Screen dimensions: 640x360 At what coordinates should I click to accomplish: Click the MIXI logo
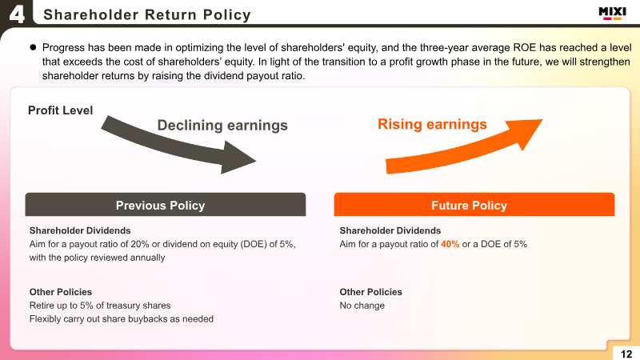(612, 13)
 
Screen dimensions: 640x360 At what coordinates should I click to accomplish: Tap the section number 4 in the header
(17, 14)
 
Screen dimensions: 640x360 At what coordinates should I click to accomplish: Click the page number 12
(626, 354)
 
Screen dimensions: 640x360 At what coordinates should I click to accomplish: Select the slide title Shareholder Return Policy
(147, 14)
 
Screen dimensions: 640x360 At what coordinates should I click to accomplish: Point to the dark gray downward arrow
(175, 144)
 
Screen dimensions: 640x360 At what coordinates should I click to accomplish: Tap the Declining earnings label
(222, 126)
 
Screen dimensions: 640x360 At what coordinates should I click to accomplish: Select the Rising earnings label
(432, 124)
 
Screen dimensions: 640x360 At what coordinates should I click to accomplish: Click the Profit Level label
(61, 110)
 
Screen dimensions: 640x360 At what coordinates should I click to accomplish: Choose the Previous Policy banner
(166, 205)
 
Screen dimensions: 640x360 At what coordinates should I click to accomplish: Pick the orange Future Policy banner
(474, 205)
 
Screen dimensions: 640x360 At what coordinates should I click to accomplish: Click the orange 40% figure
(450, 244)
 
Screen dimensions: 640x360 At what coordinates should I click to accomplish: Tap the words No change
(362, 306)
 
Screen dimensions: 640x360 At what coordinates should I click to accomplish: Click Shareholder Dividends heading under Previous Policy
(80, 230)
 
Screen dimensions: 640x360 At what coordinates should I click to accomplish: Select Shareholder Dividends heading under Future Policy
(390, 230)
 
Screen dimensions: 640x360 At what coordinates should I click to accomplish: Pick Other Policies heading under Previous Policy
(61, 292)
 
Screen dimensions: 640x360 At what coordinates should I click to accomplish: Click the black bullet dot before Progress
(33, 47)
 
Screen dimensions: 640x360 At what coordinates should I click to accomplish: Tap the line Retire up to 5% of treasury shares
(100, 306)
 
